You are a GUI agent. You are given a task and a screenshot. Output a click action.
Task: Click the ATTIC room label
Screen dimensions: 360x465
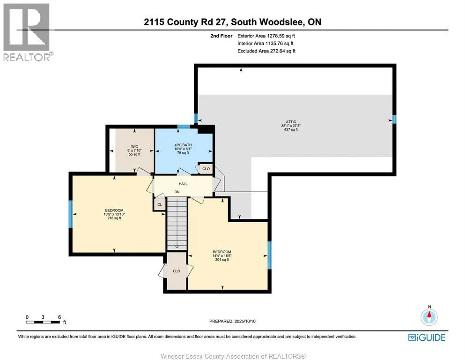288,122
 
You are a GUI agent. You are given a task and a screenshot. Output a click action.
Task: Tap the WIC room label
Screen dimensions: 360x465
134,146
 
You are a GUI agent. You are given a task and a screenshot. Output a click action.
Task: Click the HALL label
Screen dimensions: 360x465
183,184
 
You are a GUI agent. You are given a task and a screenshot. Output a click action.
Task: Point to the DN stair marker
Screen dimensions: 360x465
177,192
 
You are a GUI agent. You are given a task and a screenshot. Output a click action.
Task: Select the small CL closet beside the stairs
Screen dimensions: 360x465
159,204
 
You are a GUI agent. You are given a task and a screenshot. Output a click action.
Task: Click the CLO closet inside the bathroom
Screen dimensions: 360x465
206,169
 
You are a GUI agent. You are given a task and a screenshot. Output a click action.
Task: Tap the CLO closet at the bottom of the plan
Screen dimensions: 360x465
177,271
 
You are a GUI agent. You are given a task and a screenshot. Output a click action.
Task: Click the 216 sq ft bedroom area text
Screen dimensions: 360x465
114,218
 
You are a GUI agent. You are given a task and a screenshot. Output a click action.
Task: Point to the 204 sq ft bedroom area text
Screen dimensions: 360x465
222,260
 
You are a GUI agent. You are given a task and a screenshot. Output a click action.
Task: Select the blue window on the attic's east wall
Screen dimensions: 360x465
394,120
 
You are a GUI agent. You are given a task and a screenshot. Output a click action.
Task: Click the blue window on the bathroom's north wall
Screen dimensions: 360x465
183,126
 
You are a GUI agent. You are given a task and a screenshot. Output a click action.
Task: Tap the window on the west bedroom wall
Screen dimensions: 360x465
71,213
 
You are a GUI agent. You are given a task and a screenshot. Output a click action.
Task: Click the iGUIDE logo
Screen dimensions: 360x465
427,337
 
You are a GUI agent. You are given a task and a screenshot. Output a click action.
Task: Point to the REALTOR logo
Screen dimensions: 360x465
27,32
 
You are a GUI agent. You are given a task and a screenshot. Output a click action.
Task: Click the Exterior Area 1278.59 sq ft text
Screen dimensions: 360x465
266,35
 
